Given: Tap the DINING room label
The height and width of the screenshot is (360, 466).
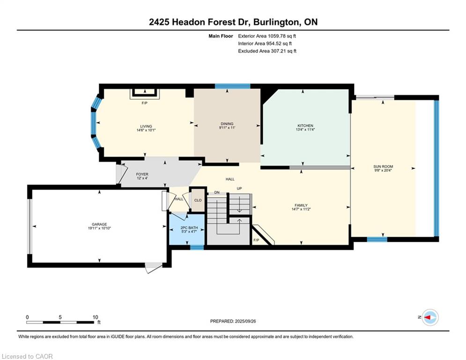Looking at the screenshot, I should [227, 124].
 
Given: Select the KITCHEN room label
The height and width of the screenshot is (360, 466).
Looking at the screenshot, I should [305, 126].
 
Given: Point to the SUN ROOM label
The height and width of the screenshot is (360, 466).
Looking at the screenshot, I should [383, 166].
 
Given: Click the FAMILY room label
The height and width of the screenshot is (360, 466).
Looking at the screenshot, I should [301, 205].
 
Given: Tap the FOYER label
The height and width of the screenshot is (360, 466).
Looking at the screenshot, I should [142, 174].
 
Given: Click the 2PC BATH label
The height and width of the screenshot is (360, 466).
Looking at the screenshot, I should [186, 227].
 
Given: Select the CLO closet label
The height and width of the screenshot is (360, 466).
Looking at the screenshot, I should [198, 200].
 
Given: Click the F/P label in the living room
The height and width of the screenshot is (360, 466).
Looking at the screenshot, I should [145, 103].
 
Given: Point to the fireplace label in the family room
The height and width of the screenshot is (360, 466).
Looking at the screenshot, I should [256, 240].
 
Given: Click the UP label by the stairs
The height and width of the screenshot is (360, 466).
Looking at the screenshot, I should [239, 188].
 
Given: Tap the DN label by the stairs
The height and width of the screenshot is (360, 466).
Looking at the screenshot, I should [217, 193].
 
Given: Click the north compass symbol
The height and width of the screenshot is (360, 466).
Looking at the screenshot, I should [429, 317].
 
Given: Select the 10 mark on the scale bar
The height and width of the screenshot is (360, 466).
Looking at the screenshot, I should [95, 317].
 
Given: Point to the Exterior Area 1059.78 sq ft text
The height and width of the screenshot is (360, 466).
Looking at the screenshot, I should [267, 36].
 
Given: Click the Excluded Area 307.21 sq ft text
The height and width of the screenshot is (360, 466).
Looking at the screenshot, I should [267, 51].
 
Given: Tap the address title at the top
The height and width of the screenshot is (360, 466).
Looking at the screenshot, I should [233, 22].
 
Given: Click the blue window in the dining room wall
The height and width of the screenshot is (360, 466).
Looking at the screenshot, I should [232, 86].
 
